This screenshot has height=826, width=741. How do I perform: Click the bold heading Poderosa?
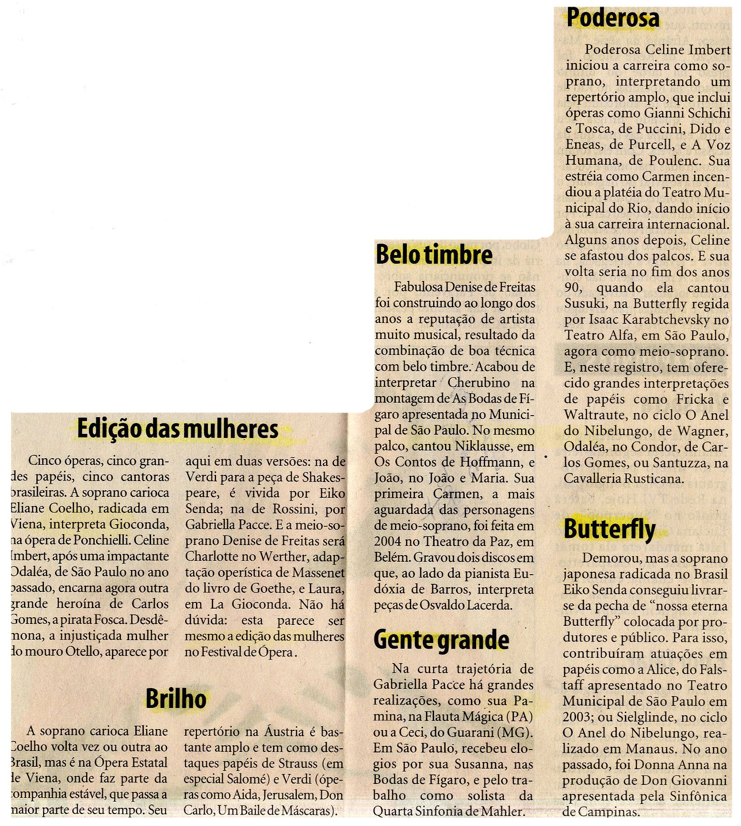coord(612,18)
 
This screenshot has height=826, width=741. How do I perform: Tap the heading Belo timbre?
coord(434,254)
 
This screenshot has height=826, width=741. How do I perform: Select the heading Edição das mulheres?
coord(177,429)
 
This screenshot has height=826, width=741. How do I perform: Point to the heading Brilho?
coord(176,699)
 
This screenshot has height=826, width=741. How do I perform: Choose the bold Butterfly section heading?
coord(610,529)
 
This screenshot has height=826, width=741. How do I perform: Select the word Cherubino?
coord(479,383)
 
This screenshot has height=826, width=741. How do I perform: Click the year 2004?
coord(388,542)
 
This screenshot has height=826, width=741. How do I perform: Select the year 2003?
coord(577,717)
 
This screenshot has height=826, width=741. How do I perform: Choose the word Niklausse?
coord(484,446)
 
